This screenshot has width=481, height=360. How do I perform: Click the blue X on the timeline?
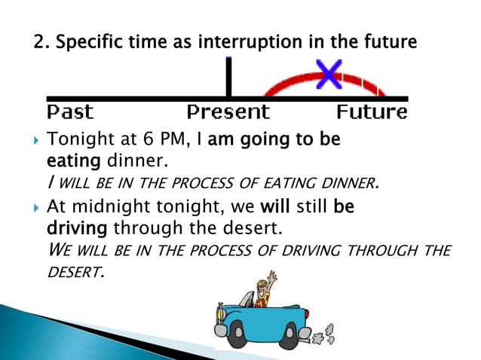329,74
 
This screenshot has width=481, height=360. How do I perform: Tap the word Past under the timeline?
70,113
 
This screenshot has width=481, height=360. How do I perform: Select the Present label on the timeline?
228,113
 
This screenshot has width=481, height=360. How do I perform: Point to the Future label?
372,113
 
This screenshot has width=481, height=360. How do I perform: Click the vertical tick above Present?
228,78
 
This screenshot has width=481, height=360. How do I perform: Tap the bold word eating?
69,160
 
